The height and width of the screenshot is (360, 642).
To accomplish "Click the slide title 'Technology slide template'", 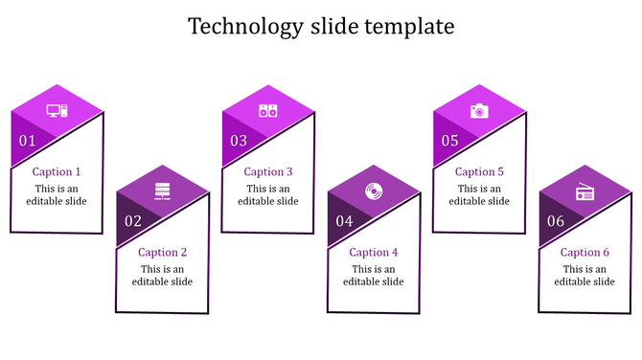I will pos(321,26).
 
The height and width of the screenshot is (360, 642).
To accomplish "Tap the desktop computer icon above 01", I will pos(57,111).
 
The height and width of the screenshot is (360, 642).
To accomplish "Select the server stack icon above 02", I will pos(163,191).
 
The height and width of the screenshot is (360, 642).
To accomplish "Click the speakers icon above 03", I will pos(268,111).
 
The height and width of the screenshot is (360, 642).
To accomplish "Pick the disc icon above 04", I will pos(374,191).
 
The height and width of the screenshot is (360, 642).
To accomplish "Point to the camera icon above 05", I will pos(479,111).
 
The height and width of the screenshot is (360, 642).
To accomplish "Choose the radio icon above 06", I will pos(585,192).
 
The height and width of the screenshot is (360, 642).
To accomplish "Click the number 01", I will pos(27,141).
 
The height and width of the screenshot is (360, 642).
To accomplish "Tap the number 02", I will pos(132,221).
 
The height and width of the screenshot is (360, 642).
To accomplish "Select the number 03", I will pos(238,141).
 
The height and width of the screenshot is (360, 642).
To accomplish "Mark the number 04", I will pos(343,221).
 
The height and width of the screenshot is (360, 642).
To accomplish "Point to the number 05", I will pos(449,141).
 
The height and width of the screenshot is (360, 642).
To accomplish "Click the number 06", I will pos(555,221).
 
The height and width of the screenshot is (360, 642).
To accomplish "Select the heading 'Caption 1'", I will pos(57,172).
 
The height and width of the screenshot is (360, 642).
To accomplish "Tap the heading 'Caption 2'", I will pos(162,253).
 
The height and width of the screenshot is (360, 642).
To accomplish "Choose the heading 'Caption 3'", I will pos(268,172).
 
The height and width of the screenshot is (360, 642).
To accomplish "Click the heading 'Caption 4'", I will pos(374,253).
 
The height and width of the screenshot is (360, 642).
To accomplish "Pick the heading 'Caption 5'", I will pos(479,172).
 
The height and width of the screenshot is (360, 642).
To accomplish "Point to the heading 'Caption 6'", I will pos(585,253).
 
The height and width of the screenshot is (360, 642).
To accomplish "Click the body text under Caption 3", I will pos(268,195).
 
